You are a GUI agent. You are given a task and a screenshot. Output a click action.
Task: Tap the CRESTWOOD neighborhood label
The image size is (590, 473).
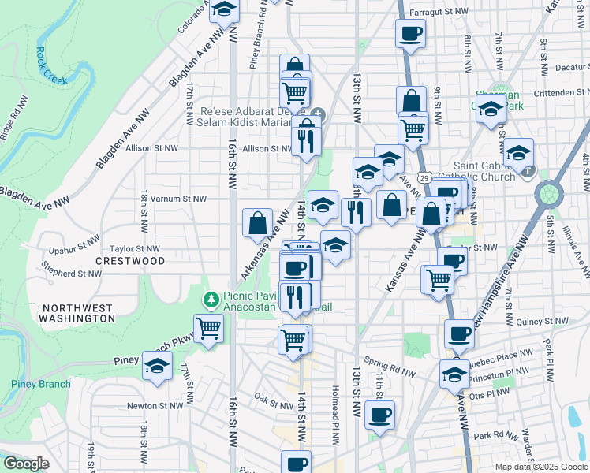(x=130, y=260)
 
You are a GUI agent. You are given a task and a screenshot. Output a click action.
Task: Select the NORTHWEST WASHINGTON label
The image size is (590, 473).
(x=79, y=312)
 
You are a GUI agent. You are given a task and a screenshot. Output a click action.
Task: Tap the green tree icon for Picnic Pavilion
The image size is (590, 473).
(x=211, y=300)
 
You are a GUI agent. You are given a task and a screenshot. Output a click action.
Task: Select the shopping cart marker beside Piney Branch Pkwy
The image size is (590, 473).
(x=208, y=327)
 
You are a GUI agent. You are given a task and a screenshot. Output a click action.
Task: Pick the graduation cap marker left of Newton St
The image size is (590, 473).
(x=157, y=366)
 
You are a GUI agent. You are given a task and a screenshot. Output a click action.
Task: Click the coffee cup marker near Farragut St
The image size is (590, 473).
(x=410, y=34)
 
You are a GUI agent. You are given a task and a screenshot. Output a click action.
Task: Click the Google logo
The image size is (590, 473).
(x=27, y=464)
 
